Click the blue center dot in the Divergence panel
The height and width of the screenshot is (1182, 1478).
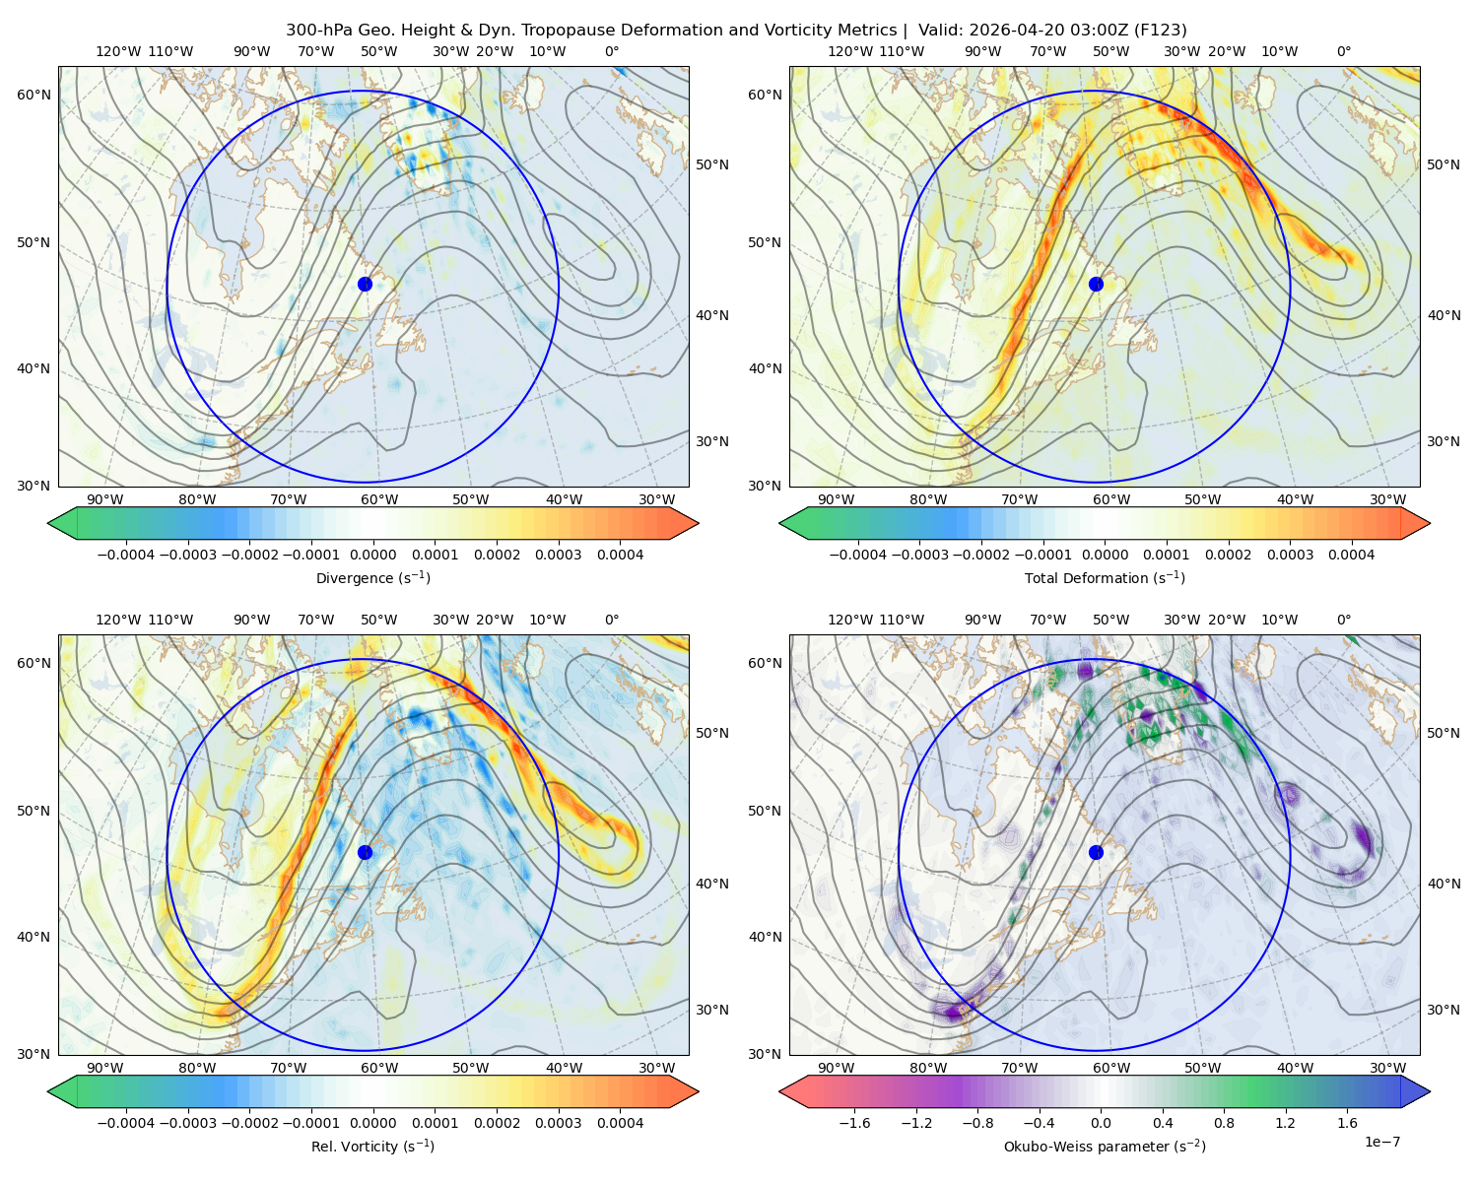(x=365, y=285)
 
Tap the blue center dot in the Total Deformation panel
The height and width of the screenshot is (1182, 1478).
(x=1096, y=285)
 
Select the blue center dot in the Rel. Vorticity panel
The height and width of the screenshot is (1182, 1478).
(x=365, y=852)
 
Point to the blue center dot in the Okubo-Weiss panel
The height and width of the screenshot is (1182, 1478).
(x=1096, y=852)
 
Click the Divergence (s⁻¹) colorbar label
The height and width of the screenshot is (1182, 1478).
(x=372, y=578)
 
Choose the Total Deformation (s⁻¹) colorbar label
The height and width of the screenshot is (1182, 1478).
(x=1105, y=578)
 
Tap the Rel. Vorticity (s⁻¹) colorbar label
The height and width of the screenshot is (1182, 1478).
(x=372, y=1147)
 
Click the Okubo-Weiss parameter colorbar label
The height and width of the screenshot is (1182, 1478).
(x=1105, y=1147)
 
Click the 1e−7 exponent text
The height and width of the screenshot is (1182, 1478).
(x=1381, y=1142)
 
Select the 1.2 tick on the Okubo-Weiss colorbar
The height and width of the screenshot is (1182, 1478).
(x=1285, y=1123)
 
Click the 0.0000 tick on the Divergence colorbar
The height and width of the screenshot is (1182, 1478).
(x=372, y=555)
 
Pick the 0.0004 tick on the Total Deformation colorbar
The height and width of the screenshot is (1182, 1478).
(x=1351, y=555)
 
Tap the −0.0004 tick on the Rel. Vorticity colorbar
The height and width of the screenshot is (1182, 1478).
(x=126, y=1123)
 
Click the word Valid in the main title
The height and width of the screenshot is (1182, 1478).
(x=936, y=31)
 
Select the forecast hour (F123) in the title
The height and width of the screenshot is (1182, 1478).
(x=1160, y=31)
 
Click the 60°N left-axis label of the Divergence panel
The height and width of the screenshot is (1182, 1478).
(x=34, y=95)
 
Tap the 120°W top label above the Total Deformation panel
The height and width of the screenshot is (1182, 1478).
(x=849, y=51)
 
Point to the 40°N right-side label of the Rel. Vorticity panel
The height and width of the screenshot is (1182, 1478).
(x=712, y=884)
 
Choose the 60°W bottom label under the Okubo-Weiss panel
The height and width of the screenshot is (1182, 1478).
(x=1111, y=1068)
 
